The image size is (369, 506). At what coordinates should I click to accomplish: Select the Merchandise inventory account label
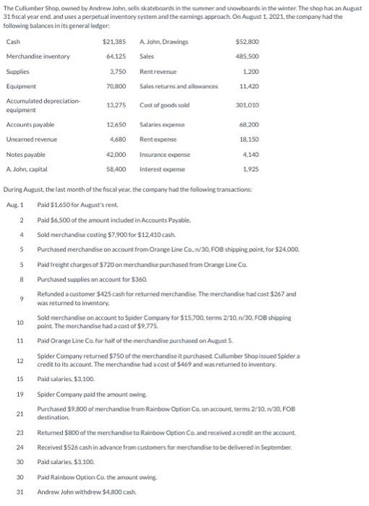pyautogui.click(x=38, y=56)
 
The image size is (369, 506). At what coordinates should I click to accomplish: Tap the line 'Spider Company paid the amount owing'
pyautogui.click(x=83, y=395)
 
